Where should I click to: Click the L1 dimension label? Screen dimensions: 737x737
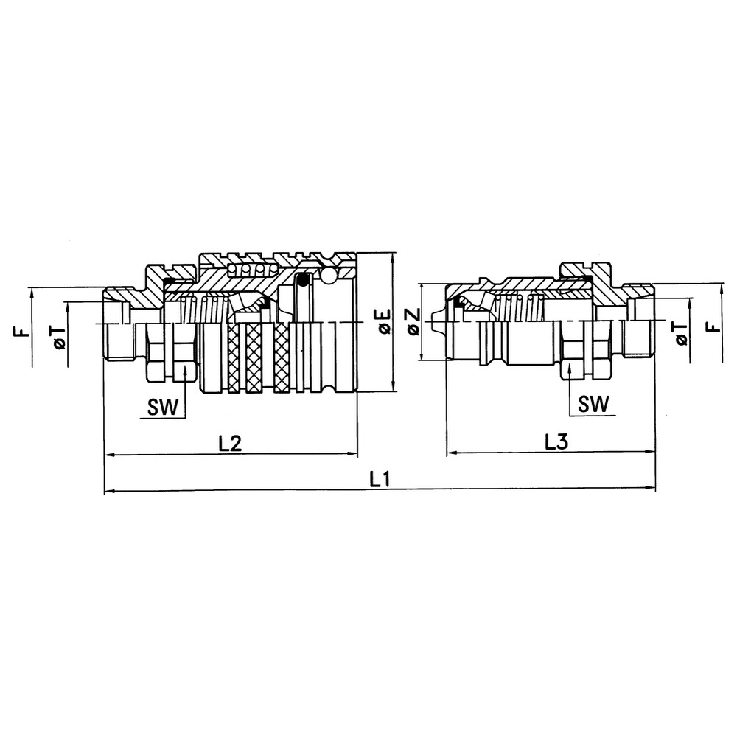click(x=380, y=479)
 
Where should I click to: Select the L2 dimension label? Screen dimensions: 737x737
click(x=231, y=444)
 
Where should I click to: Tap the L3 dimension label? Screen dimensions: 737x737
click(x=556, y=443)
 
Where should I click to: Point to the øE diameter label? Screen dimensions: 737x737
click(x=383, y=322)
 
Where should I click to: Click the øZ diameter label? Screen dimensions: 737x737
click(x=413, y=322)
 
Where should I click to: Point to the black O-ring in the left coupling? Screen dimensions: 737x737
click(x=301, y=280)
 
